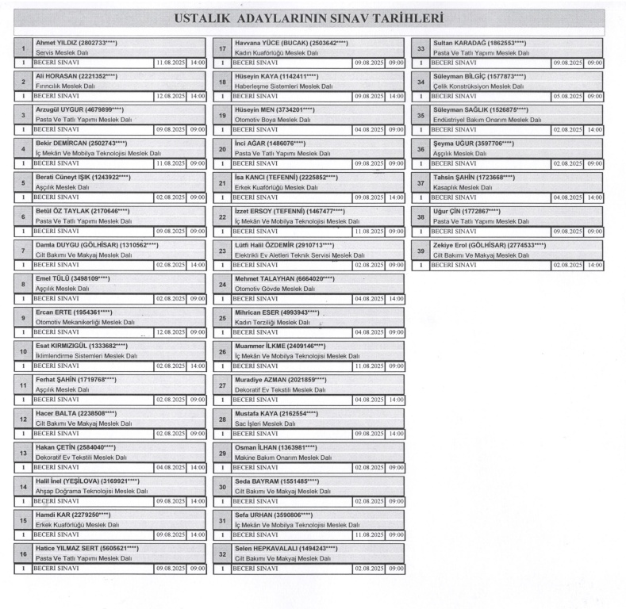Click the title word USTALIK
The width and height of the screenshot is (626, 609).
(210, 17)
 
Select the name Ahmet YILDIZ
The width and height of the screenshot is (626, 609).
(56, 42)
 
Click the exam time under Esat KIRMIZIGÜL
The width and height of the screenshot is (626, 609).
(198, 368)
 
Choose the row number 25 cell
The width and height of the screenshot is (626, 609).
(222, 320)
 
